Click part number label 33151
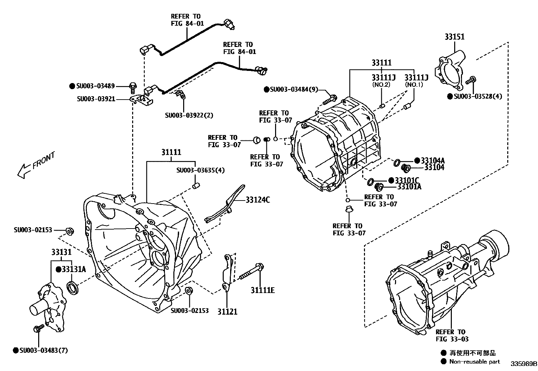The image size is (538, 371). [454, 37]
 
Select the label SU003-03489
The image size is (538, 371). [96, 86]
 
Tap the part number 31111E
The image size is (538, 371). [262, 290]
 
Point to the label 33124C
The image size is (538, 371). [258, 200]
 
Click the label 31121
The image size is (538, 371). [227, 312]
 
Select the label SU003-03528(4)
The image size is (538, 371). [478, 97]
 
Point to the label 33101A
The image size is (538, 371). [409, 186]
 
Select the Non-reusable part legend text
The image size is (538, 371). [474, 362]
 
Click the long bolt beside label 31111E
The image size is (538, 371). [252, 273]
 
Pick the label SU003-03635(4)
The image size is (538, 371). [200, 170]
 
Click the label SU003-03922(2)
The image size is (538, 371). [189, 115]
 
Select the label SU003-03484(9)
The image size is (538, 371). [294, 89]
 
